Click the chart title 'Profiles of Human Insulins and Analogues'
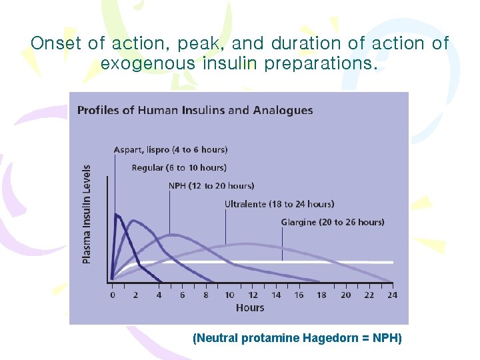click(x=195, y=110)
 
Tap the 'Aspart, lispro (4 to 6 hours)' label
click(x=171, y=149)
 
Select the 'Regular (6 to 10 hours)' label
click(x=179, y=167)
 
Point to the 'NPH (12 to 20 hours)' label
click(x=211, y=185)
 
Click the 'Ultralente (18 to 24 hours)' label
click(x=279, y=204)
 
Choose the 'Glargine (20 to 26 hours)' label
click(x=333, y=222)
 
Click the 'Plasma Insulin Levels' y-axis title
click(x=87, y=214)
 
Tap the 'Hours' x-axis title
click(x=250, y=308)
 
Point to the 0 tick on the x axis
click(x=112, y=295)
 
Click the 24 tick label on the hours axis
click(x=391, y=295)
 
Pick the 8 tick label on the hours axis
click(x=206, y=295)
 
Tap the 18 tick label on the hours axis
click(x=321, y=295)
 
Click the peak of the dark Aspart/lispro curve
click(x=117, y=214)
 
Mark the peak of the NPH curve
click(x=172, y=235)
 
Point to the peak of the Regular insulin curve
click(x=134, y=221)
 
